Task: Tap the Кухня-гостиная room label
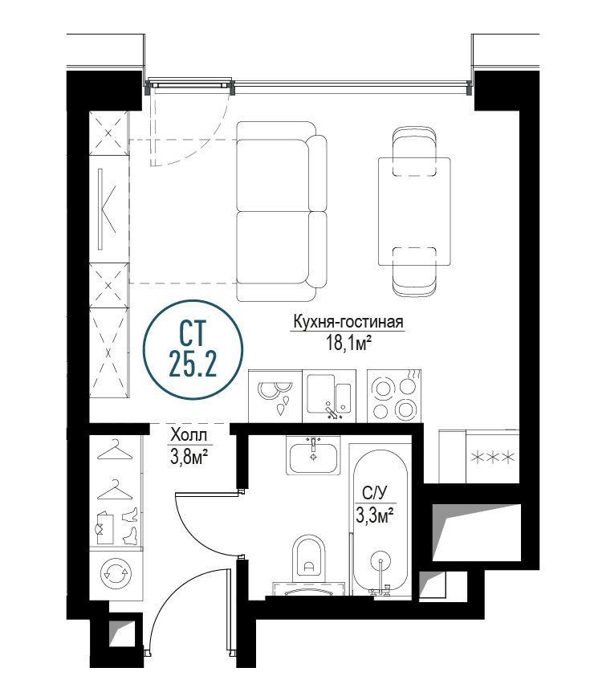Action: [x=348, y=322]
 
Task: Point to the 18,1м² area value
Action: [x=349, y=343]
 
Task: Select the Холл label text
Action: [x=189, y=434]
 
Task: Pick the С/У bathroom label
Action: [x=374, y=493]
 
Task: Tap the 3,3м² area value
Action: [x=375, y=515]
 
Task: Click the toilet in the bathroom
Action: [x=309, y=559]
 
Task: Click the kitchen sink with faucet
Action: [x=329, y=396]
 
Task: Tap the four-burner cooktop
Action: [x=394, y=396]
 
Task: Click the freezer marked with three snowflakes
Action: [x=493, y=456]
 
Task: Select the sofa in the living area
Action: [x=282, y=211]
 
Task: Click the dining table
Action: [x=414, y=211]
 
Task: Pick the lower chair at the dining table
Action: [x=414, y=272]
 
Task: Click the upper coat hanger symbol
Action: [x=115, y=450]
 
